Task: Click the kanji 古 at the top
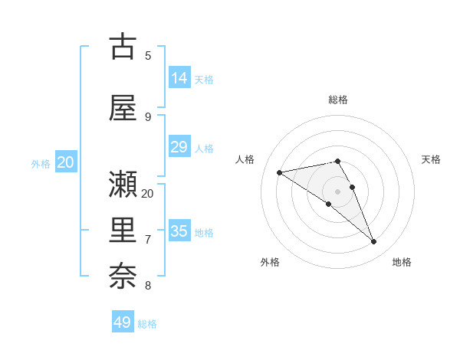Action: click(123, 47)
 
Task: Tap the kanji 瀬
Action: click(123, 184)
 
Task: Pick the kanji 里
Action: click(123, 230)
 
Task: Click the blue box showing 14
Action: click(179, 78)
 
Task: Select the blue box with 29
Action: click(179, 147)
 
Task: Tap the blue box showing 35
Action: click(179, 231)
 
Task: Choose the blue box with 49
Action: click(123, 322)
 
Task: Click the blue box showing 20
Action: click(66, 162)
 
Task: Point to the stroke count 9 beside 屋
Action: click(148, 117)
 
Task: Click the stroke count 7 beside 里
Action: click(148, 240)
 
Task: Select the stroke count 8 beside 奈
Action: click(148, 286)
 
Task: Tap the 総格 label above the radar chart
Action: click(338, 100)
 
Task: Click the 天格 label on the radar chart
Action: click(431, 159)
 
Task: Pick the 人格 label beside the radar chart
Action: click(245, 159)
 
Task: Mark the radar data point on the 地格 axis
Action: click(374, 242)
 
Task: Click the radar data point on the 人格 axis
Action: click(279, 172)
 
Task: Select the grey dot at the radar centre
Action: click(337, 191)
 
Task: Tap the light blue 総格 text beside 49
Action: click(147, 324)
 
